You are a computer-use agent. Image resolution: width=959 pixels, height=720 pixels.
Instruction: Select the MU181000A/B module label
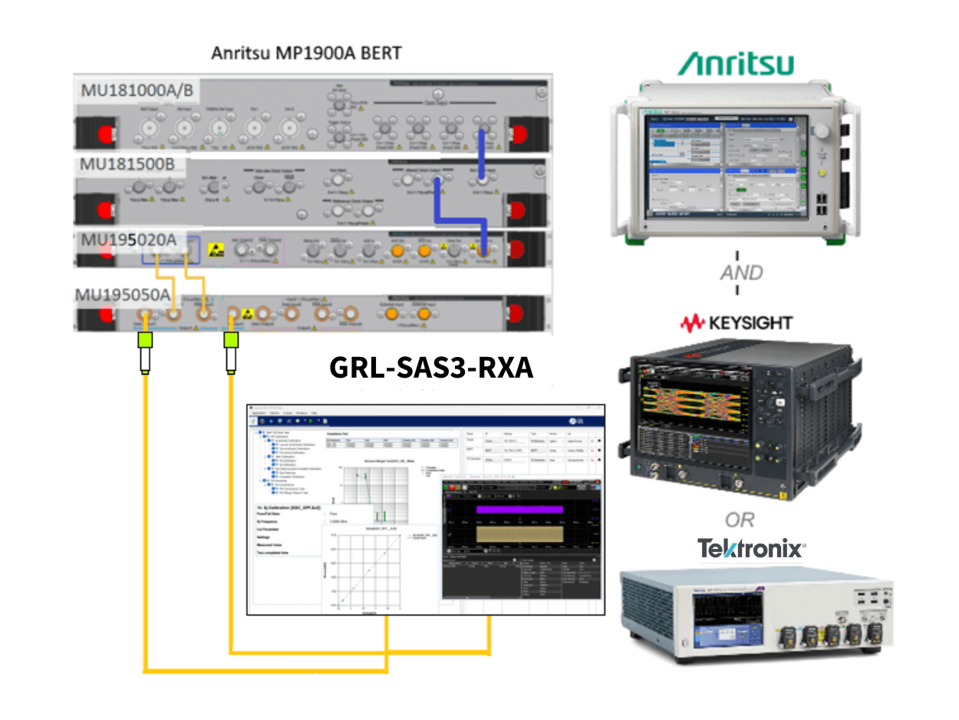(137, 91)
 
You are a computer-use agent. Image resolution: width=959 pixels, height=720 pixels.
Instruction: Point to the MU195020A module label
(130, 240)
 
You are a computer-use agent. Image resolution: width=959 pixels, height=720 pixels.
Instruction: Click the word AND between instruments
(740, 272)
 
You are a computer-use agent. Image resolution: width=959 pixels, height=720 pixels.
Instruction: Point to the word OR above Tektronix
(740, 520)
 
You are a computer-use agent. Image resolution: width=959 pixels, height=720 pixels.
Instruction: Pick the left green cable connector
(143, 341)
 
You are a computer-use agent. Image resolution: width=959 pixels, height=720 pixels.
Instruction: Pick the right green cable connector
(230, 341)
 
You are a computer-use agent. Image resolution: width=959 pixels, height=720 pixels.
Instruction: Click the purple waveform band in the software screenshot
(519, 509)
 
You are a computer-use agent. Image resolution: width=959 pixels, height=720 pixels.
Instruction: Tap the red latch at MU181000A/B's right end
(523, 131)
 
